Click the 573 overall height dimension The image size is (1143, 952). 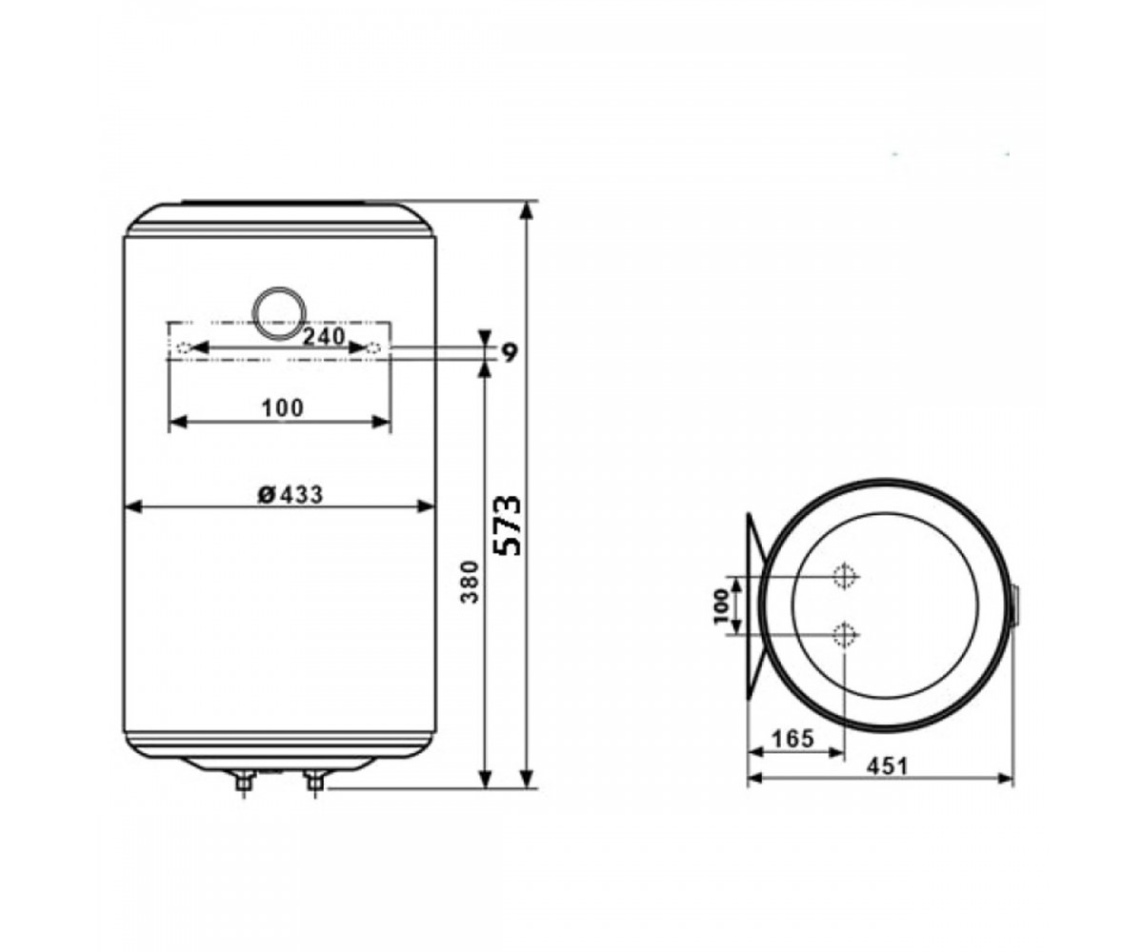click(x=507, y=526)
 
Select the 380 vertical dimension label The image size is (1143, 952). click(x=470, y=582)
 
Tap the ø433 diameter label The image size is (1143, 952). click(x=291, y=495)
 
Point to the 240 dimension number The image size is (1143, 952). click(x=324, y=336)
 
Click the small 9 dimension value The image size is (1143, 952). click(x=509, y=353)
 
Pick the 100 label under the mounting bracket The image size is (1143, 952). click(x=283, y=408)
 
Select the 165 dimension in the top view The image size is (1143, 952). click(x=793, y=739)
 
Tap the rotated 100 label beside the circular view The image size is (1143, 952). click(x=722, y=606)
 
